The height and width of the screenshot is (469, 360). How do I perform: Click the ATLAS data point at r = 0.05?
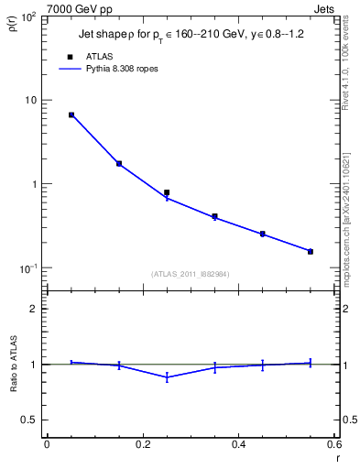click(71, 115)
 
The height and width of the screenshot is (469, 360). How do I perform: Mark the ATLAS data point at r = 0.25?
click(167, 192)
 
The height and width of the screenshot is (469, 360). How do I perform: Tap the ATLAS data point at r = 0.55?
click(311, 251)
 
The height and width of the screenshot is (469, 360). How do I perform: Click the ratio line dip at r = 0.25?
click(167, 377)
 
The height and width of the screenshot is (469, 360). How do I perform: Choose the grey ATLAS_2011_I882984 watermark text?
click(191, 274)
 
